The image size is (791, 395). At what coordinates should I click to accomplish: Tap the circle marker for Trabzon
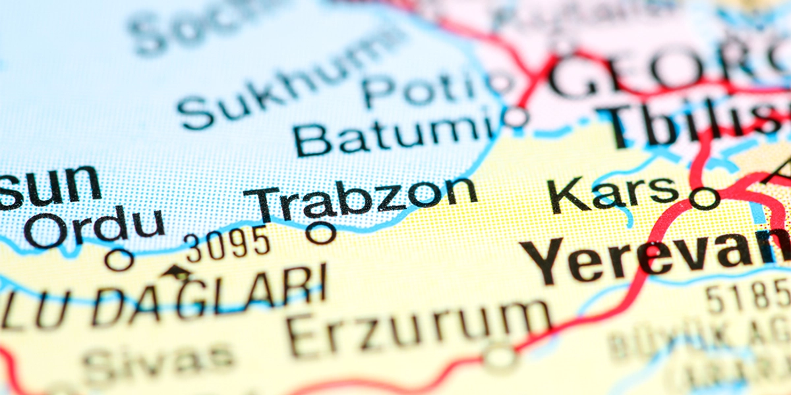(x=322, y=232)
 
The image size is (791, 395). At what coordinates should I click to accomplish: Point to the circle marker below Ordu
(x=119, y=259)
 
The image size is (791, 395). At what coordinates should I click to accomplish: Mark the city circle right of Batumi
(x=515, y=117)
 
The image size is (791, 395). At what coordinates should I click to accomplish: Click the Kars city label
(x=613, y=191)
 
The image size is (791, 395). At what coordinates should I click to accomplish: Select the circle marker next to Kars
(x=704, y=197)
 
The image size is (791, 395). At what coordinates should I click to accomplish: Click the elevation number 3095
(x=227, y=244)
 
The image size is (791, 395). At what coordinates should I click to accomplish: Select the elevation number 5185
(x=748, y=296)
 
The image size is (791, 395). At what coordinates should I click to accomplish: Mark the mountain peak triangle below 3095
(x=176, y=271)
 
